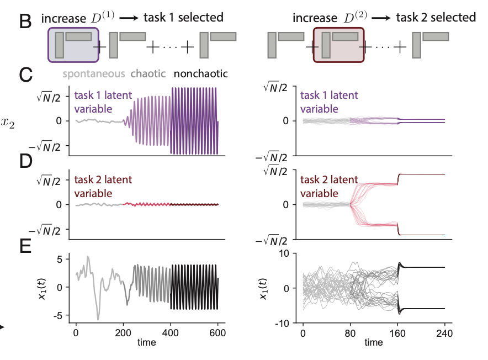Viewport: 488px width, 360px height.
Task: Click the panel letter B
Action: click(25, 22)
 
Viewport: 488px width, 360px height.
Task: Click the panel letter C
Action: click(25, 75)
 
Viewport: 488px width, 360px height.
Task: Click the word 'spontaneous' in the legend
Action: click(93, 73)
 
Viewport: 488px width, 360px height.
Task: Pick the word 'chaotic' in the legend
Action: click(149, 73)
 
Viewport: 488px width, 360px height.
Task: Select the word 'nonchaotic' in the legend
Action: click(201, 73)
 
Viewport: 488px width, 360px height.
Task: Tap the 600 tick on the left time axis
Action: click(219, 333)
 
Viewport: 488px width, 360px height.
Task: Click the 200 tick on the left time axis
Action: click(123, 333)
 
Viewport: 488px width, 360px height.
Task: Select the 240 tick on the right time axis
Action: click(444, 333)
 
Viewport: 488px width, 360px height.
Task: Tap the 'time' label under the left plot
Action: click(147, 343)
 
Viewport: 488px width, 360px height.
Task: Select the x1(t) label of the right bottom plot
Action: click(264, 288)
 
